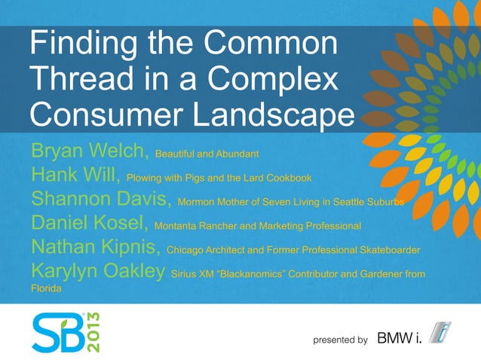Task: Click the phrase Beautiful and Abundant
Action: point(207,154)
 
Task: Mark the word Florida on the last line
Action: point(45,288)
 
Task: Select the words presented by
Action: point(340,340)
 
